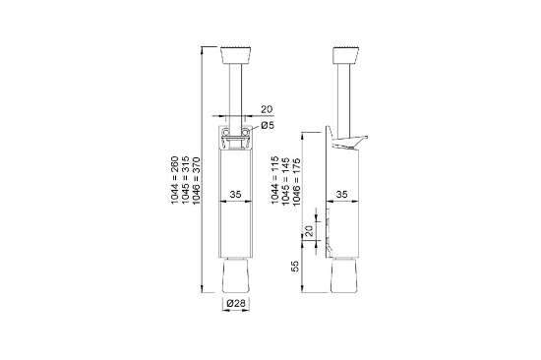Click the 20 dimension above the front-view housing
pyautogui.click(x=266, y=109)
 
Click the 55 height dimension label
pyautogui.click(x=295, y=267)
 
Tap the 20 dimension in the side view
pyautogui.click(x=308, y=232)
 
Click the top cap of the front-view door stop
pyautogui.click(x=235, y=52)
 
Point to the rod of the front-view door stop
pyautogui.click(x=235, y=89)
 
